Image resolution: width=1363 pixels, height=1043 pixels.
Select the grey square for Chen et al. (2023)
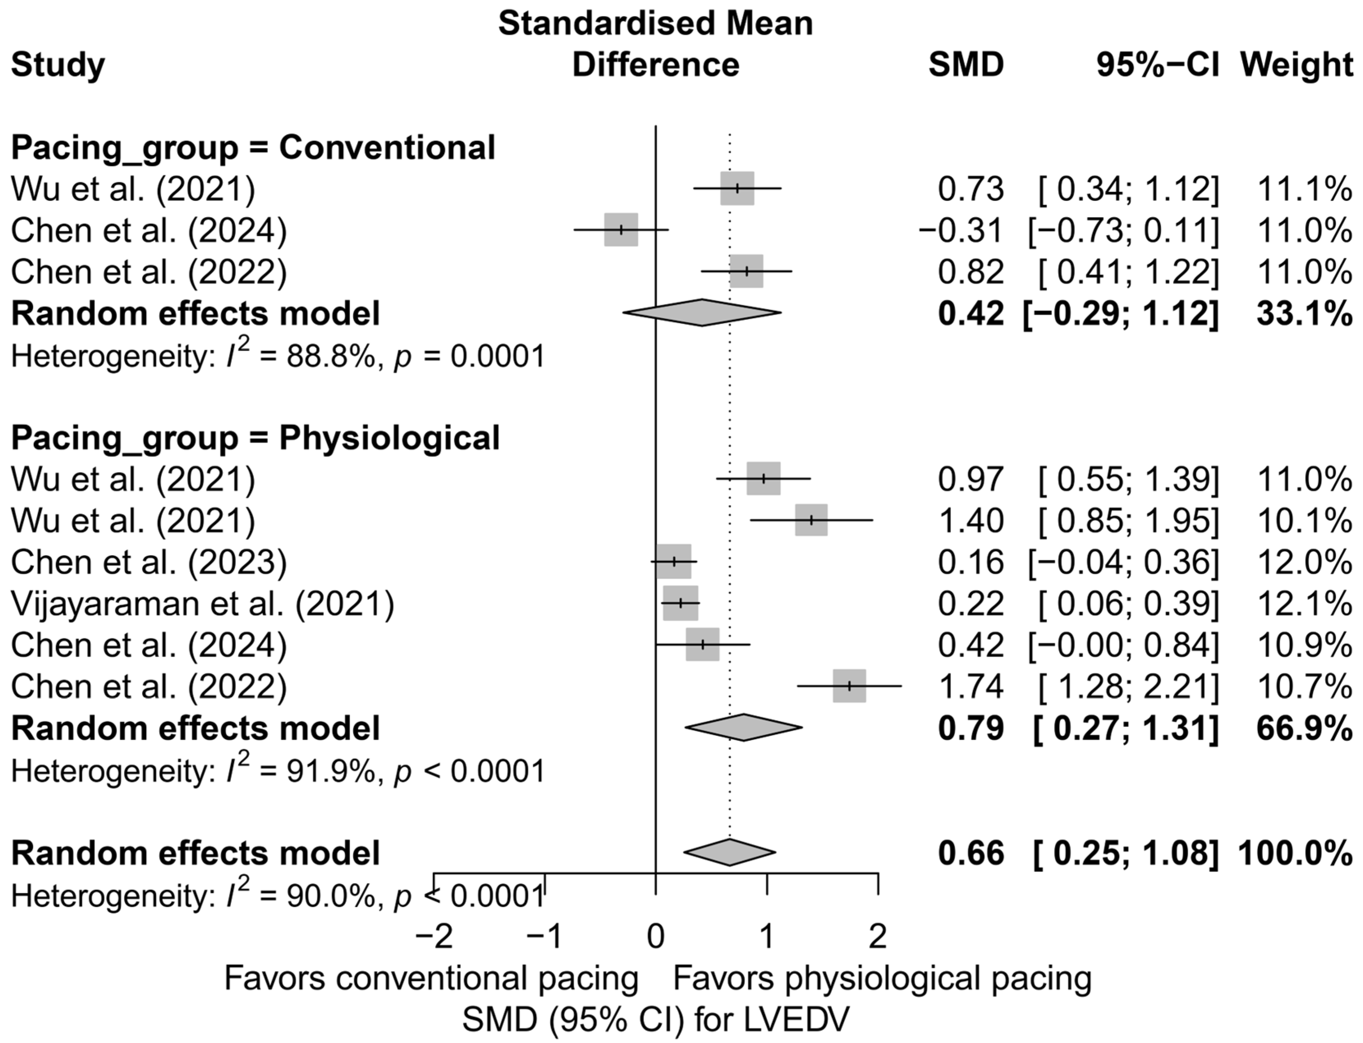point(674,561)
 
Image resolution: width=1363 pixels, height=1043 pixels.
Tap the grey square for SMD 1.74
point(849,686)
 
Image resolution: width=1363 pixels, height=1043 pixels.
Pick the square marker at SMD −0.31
point(621,230)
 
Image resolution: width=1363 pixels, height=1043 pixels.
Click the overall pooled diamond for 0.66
point(730,852)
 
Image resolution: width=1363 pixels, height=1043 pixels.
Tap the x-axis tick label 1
point(767,936)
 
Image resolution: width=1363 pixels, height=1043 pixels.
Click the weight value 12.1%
point(1304,604)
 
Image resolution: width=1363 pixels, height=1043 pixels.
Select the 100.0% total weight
point(1295,853)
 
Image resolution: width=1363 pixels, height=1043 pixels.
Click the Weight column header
point(1296,64)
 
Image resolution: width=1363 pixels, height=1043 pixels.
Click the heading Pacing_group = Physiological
point(255,438)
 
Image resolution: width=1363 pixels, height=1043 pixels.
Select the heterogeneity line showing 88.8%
point(277,356)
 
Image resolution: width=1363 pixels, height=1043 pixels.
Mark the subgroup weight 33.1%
point(1304,314)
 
